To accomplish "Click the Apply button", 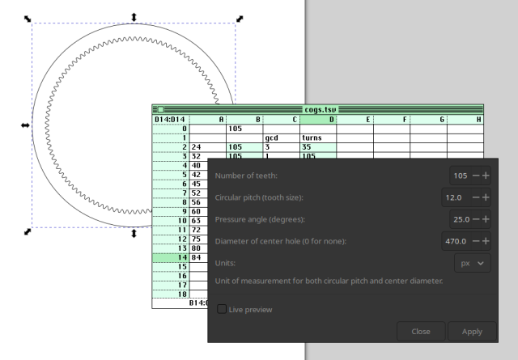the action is tap(472, 331).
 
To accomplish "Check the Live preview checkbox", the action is tap(222, 309).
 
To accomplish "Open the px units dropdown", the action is tap(473, 263).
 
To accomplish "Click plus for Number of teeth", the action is tap(486, 176).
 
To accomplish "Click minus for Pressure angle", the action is tap(476, 219).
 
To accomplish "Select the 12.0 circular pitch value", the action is tap(453, 197).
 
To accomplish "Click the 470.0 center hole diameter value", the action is tap(456, 241).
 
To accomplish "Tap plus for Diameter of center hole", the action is tap(486, 241).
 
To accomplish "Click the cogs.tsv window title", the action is tap(321, 109).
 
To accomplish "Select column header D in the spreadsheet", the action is tap(318, 119).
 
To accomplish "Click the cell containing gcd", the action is tap(281, 138).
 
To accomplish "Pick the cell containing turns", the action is tap(318, 138).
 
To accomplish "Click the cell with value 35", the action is tap(318, 147).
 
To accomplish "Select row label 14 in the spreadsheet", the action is tap(171, 257).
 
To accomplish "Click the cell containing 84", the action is tap(199, 257).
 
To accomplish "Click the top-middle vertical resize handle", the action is tap(134, 17).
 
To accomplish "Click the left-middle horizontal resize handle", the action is tap(25, 125).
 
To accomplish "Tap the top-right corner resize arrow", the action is tap(240, 19).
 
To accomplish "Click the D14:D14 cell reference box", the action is tap(170, 119).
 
